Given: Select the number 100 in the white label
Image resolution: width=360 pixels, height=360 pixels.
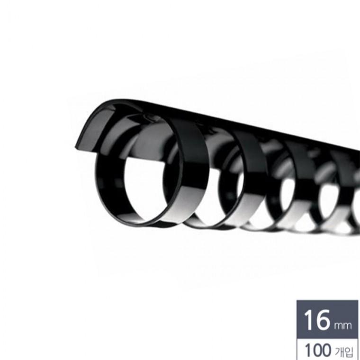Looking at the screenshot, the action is (x=318, y=351).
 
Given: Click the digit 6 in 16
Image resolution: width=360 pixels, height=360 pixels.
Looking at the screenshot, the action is (x=324, y=320).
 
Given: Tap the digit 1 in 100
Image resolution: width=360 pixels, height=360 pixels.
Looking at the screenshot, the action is (x=307, y=351).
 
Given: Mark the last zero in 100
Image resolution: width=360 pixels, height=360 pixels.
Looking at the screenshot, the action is (x=326, y=351).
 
